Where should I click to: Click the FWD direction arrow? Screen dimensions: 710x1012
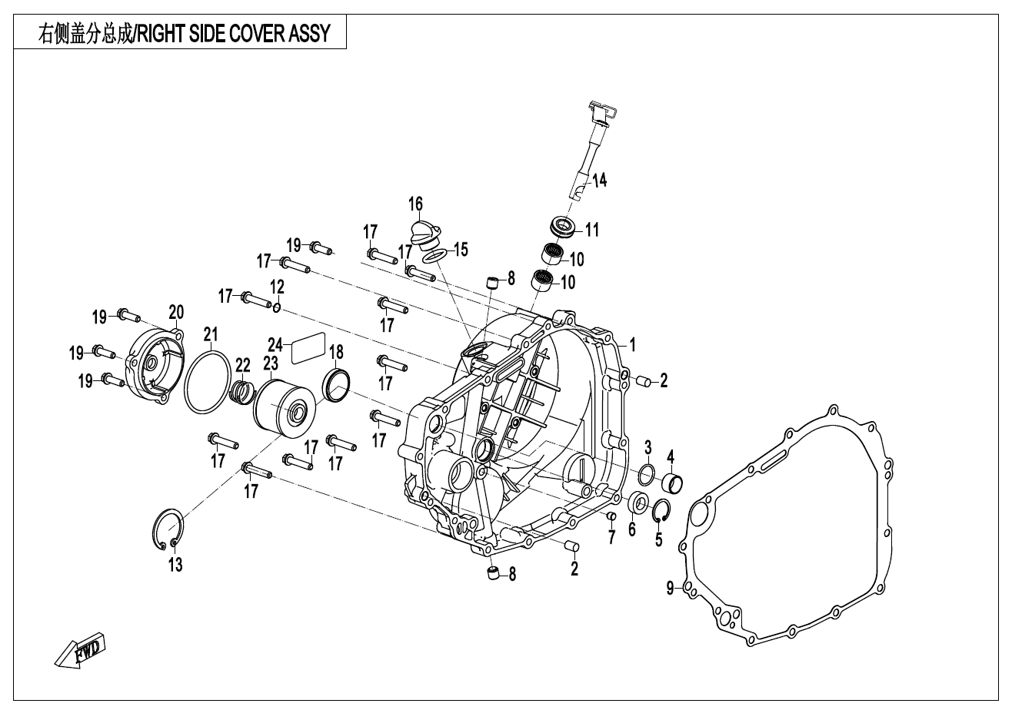(80, 652)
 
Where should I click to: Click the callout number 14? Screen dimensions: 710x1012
(599, 181)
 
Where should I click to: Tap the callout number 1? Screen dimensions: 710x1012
(632, 345)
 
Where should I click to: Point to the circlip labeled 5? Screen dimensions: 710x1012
(661, 511)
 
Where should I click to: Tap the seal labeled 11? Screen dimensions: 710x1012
(566, 227)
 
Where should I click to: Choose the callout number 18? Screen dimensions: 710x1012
(336, 353)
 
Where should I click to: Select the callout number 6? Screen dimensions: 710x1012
(632, 529)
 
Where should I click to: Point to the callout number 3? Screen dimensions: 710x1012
(647, 446)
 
